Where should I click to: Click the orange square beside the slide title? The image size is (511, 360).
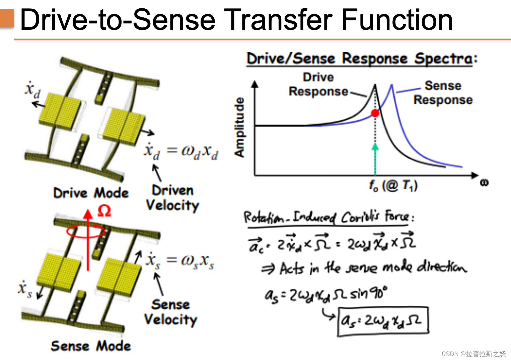coord(7,18)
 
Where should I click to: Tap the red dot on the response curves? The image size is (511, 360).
coord(375,113)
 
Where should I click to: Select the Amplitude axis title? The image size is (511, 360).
coord(239,127)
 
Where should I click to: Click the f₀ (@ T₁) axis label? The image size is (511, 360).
coord(393,185)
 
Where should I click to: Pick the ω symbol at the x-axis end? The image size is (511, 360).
coord(484,183)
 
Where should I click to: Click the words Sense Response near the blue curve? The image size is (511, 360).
coord(443,93)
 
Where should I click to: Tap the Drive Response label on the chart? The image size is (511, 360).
coord(318,84)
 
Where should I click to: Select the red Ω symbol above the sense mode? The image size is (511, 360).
coord(104,211)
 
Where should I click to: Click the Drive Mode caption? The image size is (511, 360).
coord(91,193)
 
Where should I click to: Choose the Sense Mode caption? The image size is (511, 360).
coord(91,346)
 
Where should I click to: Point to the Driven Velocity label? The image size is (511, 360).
coord(172,198)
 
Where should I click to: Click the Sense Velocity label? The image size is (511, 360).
coord(170,312)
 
